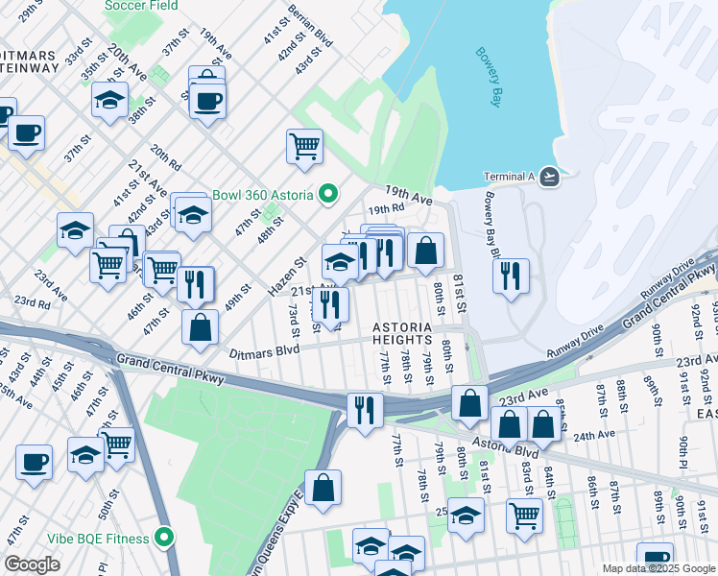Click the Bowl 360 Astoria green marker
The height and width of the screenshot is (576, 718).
click(327, 195)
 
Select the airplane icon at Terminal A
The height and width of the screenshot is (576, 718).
click(548, 176)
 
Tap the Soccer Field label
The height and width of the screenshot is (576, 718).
click(143, 5)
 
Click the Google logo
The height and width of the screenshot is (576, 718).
click(32, 565)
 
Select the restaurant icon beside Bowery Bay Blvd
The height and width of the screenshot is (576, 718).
click(511, 276)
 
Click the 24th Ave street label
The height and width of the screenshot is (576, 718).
click(594, 434)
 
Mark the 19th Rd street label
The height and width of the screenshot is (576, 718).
click(385, 208)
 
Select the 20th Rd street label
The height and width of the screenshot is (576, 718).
click(166, 156)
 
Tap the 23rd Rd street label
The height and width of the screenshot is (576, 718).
click(32, 302)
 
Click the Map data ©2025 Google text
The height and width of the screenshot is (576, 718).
click(658, 568)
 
